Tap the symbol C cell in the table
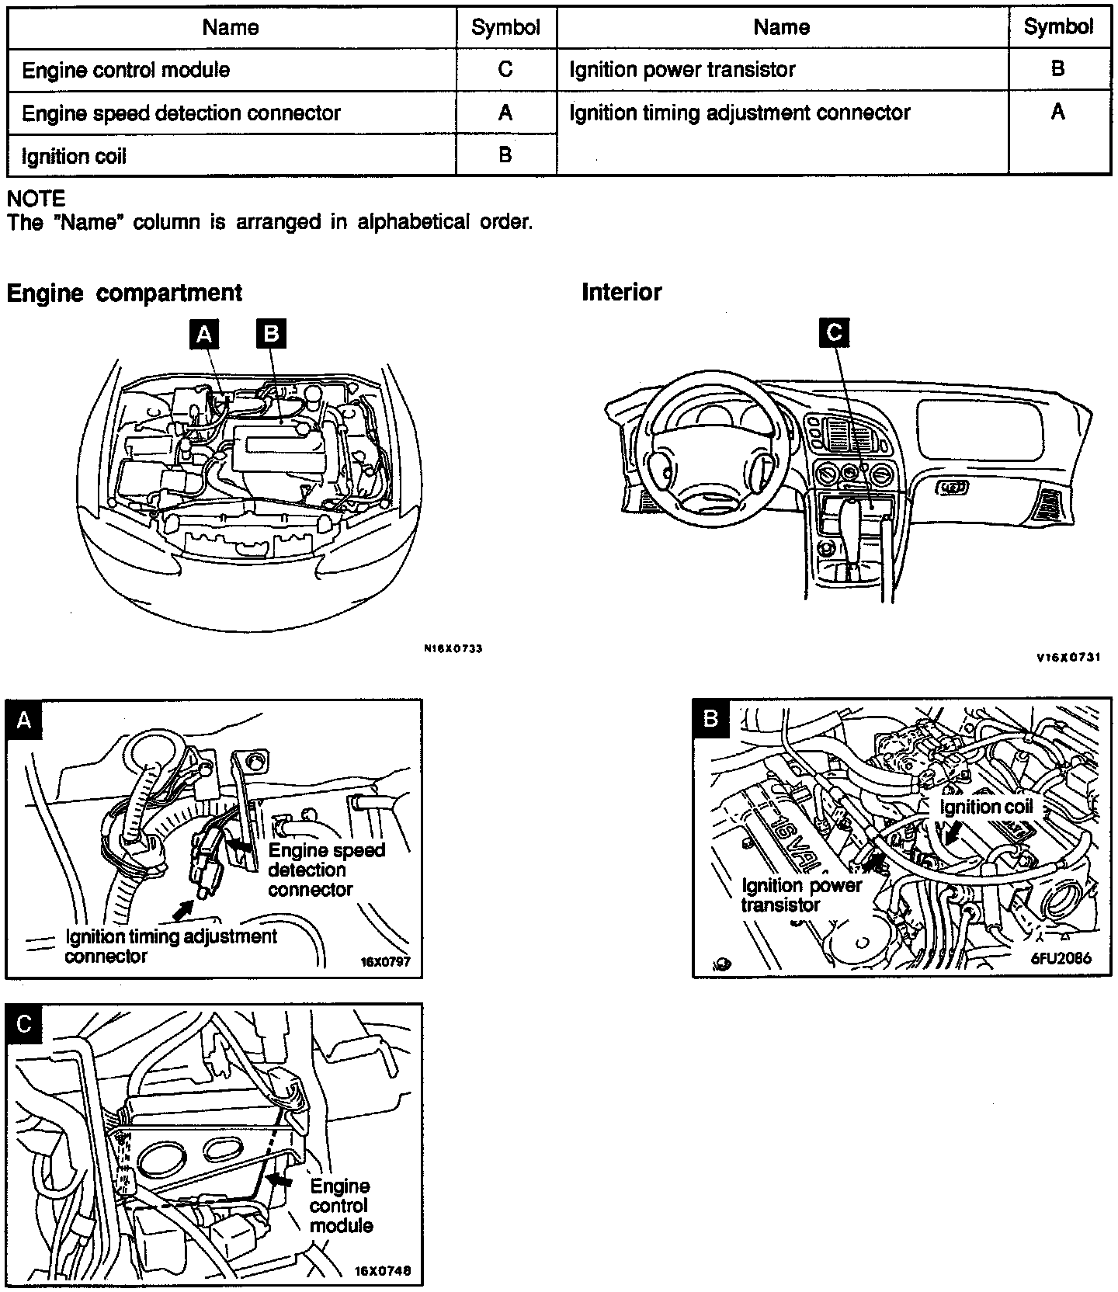505,70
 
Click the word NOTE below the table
36,199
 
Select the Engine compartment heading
124,293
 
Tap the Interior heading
621,292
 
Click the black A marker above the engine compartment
204,334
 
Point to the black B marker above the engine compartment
271,334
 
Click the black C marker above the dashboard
834,333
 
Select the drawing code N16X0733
453,649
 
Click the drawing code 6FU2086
1061,958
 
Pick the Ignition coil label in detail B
986,807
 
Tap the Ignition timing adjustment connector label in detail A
171,946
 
